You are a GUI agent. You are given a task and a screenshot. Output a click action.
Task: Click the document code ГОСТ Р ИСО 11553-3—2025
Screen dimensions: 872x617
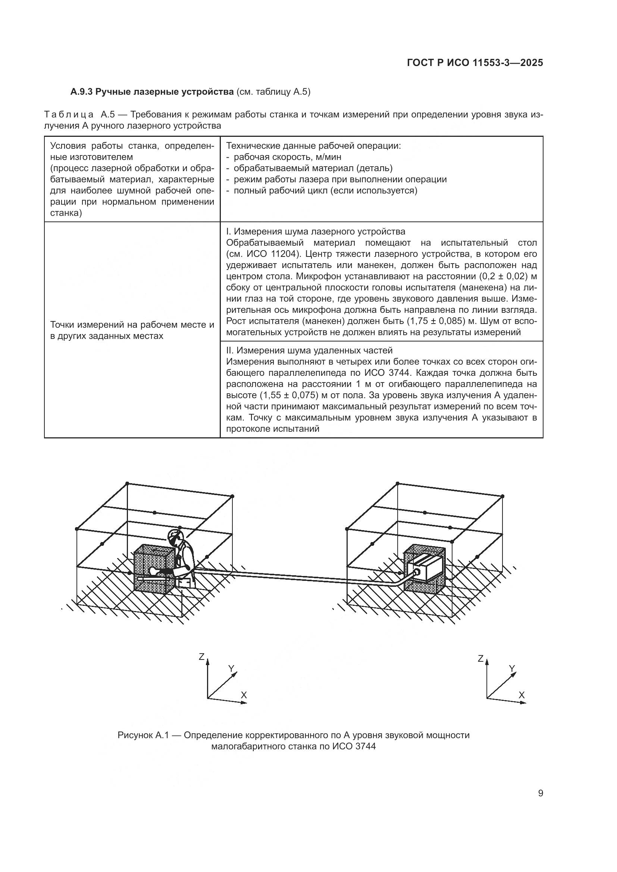coord(475,63)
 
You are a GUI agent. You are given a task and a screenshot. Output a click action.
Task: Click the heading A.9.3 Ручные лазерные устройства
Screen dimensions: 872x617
coord(152,92)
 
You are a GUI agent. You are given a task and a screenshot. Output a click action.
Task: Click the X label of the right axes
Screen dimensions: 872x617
coord(522,695)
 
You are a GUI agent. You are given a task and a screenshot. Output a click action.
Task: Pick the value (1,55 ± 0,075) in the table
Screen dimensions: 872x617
coord(289,395)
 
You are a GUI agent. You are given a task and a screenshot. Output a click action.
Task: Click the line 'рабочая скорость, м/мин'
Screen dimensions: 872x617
coord(287,157)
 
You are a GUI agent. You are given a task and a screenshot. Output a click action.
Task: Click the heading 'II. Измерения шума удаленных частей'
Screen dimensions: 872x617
coord(309,350)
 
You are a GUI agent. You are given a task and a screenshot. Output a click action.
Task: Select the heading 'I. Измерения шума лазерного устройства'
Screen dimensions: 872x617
coord(315,231)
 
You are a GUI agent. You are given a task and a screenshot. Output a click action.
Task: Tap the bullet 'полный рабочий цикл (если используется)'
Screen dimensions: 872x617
coord(325,191)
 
